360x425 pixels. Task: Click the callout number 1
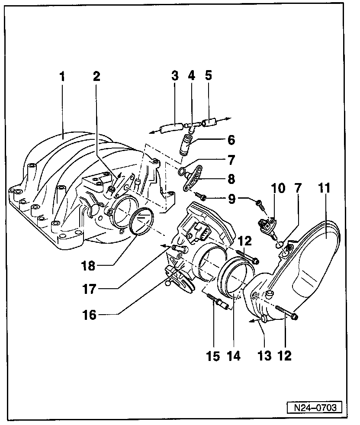point(62,77)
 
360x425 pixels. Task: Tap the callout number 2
point(96,77)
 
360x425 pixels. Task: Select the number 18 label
point(88,265)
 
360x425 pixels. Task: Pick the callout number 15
point(213,356)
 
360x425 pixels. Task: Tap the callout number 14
point(234,356)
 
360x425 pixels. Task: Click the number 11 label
point(325,189)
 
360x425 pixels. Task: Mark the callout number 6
point(231,140)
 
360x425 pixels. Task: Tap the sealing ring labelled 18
point(141,222)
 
